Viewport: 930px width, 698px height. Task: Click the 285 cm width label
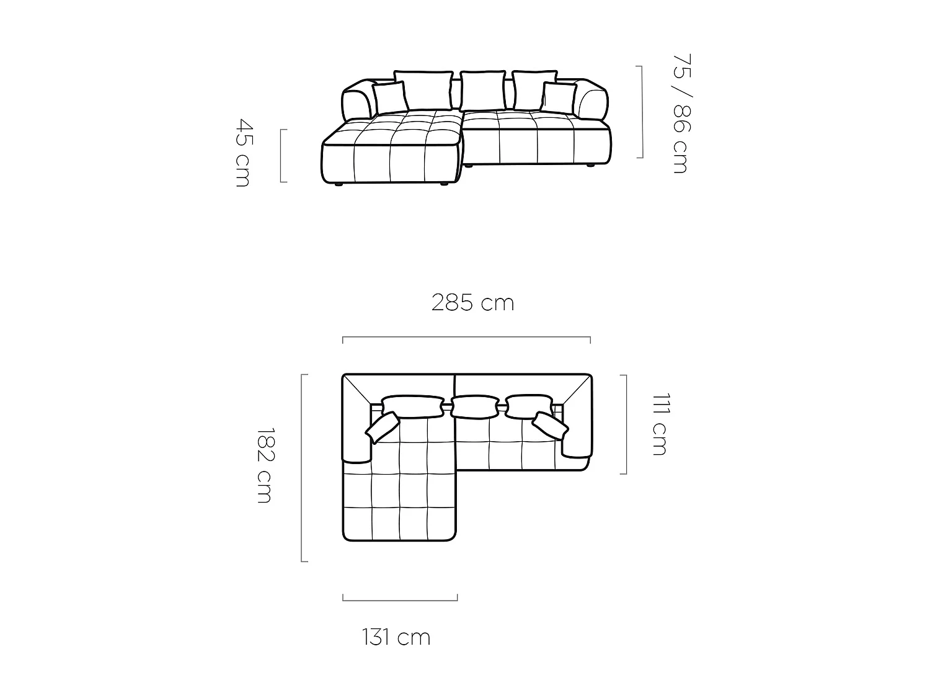coord(472,303)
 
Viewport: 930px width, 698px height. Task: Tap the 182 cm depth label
coord(265,465)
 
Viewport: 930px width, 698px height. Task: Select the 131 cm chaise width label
coord(396,637)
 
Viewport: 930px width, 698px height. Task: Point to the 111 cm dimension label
coord(660,424)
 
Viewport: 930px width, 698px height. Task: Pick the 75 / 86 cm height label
coord(681,114)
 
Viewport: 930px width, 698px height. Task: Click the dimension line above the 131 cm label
coord(400,600)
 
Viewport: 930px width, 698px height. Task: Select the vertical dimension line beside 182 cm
coord(303,468)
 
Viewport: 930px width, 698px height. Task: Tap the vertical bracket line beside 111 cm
coord(626,424)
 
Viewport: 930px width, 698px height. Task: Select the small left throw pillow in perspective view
coord(389,98)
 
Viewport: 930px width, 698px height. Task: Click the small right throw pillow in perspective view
coord(559,98)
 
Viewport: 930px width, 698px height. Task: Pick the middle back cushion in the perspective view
coord(482,91)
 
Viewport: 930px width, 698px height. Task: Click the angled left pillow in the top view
coord(382,427)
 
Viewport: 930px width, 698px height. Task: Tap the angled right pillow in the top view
coord(550,424)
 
